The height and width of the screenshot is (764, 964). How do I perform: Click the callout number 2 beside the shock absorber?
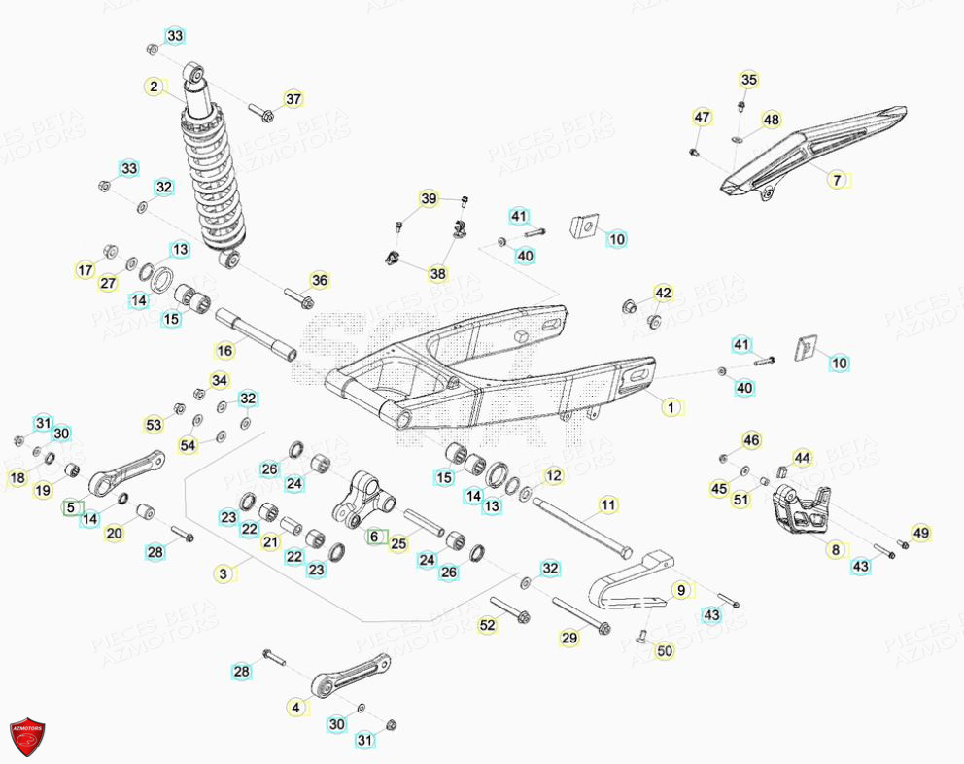click(154, 87)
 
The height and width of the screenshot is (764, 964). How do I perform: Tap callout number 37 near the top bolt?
click(293, 99)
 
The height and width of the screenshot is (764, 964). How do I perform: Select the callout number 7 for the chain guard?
click(838, 180)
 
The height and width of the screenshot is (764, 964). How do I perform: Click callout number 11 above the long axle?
click(607, 504)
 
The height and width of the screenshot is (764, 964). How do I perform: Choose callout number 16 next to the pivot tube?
click(224, 350)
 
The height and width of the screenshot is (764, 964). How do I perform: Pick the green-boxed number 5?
click(69, 506)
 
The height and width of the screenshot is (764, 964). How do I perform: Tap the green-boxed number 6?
click(374, 536)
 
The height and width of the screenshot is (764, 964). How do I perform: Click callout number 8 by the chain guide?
click(835, 550)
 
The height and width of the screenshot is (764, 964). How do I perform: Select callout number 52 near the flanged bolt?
click(487, 625)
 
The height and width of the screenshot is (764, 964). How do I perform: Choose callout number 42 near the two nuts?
click(663, 293)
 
